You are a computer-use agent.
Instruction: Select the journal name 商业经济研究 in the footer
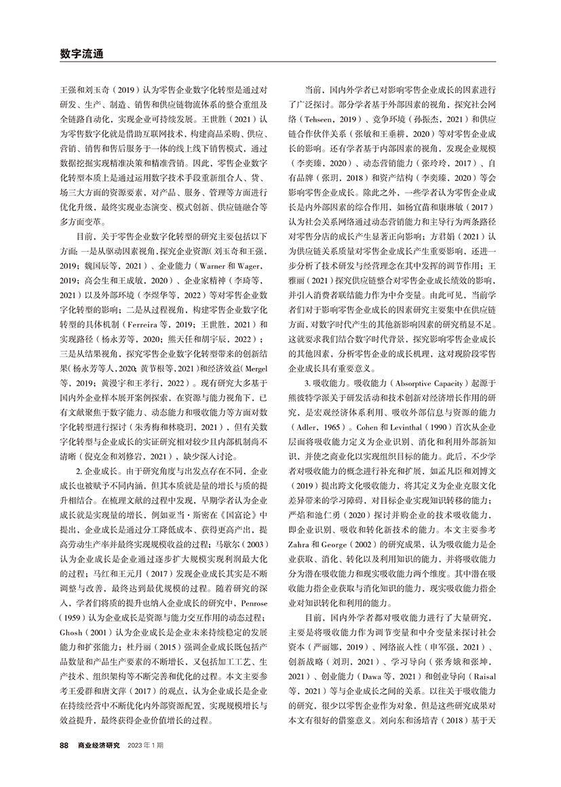pos(98,746)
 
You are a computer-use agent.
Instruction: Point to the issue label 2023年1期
pos(144,746)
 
